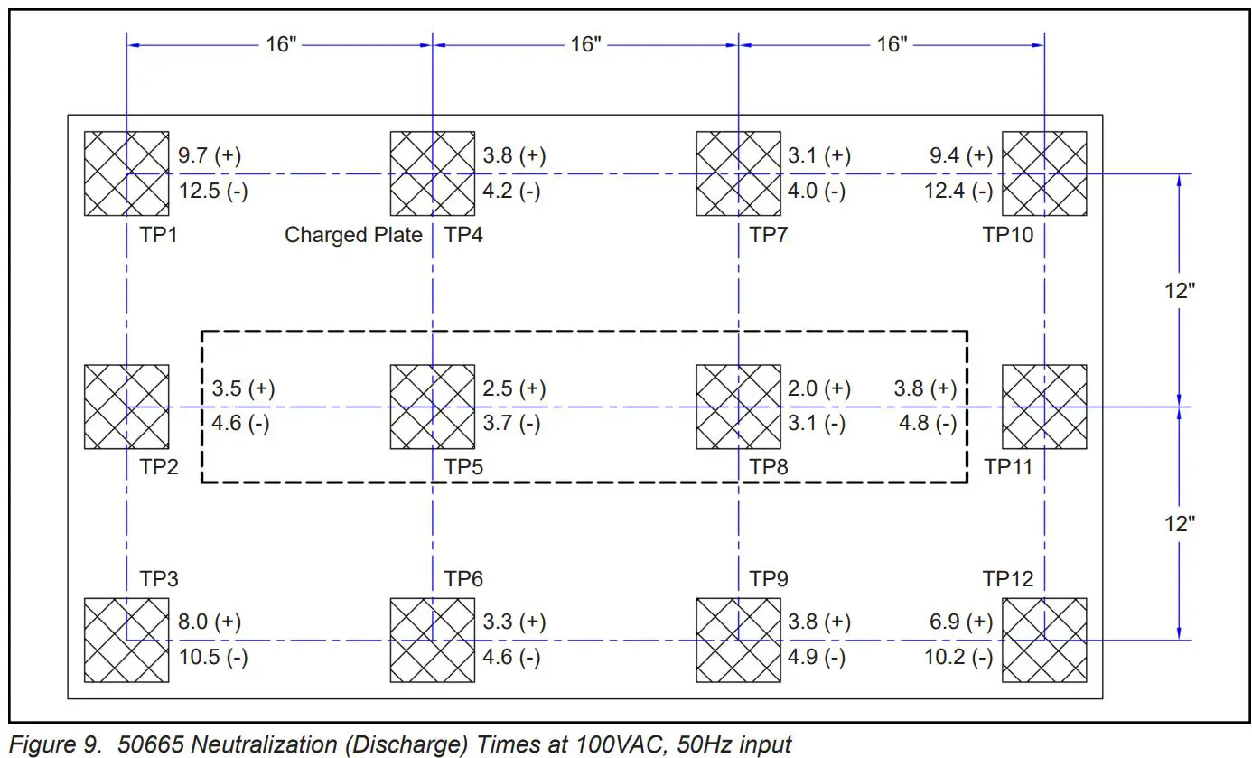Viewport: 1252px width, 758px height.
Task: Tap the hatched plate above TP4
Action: (432, 173)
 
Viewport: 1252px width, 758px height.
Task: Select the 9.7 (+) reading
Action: (210, 155)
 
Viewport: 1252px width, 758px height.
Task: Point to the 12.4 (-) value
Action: (958, 191)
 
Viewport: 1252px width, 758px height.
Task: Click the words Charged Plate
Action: (353, 235)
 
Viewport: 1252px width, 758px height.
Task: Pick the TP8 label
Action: (769, 467)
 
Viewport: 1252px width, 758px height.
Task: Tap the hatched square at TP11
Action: (1044, 407)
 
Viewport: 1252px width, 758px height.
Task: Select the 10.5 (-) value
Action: (213, 657)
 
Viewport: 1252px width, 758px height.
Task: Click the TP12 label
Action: (1008, 578)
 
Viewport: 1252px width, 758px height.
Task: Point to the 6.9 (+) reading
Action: (961, 622)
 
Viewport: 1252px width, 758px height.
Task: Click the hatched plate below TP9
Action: (738, 640)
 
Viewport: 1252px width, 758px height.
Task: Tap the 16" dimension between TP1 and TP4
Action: (281, 44)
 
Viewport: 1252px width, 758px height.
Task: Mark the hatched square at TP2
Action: (126, 407)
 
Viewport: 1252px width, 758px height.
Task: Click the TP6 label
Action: (463, 578)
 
